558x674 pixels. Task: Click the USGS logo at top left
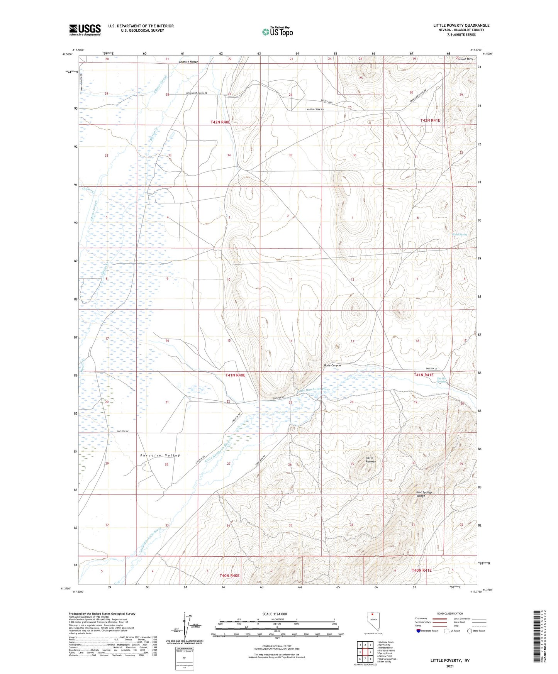point(85,29)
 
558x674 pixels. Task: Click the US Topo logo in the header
point(277,32)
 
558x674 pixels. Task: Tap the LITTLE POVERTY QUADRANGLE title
point(461,25)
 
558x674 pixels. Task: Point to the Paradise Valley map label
point(160,456)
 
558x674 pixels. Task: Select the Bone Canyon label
point(332,365)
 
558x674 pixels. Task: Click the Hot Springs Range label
point(424,494)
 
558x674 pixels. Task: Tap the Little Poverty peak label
point(370,459)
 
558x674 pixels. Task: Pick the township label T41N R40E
point(235,375)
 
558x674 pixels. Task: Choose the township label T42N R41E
point(430,120)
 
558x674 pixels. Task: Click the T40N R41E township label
point(421,570)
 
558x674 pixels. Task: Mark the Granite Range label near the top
point(188,62)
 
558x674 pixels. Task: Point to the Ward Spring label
point(460,234)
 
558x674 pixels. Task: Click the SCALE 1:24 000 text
point(275,614)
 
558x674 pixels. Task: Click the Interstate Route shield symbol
point(418,631)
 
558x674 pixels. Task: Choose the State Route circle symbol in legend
point(469,631)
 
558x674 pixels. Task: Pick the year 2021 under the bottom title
point(450,666)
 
